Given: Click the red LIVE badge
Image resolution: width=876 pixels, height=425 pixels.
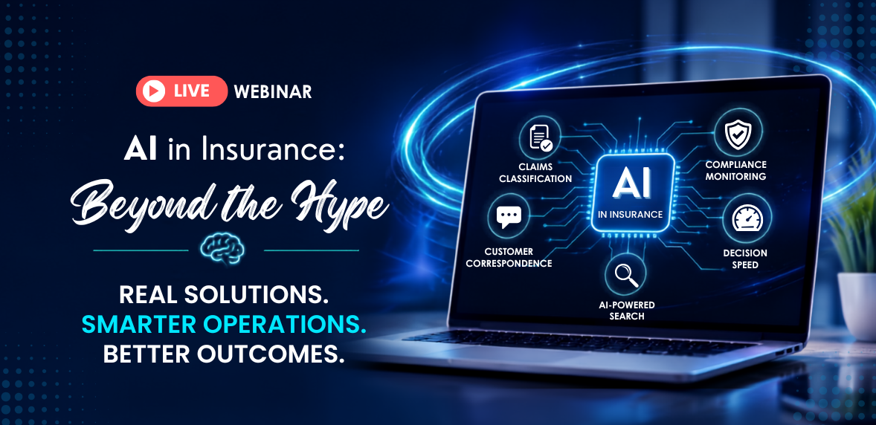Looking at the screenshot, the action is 181,91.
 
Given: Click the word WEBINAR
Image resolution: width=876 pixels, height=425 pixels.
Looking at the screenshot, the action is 273,91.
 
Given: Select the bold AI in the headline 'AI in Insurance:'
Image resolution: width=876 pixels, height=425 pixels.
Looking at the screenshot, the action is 140,151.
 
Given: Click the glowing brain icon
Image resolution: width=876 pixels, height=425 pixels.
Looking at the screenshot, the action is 222,248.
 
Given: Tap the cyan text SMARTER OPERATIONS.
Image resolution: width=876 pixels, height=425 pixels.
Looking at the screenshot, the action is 224,325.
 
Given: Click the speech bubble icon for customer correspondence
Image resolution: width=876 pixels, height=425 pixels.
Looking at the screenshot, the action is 509,215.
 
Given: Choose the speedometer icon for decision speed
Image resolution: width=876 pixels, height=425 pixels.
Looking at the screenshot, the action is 747,219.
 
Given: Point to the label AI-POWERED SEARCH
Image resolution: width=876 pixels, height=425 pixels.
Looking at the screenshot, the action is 625,311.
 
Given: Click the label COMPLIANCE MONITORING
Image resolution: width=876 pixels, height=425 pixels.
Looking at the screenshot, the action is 735,170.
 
